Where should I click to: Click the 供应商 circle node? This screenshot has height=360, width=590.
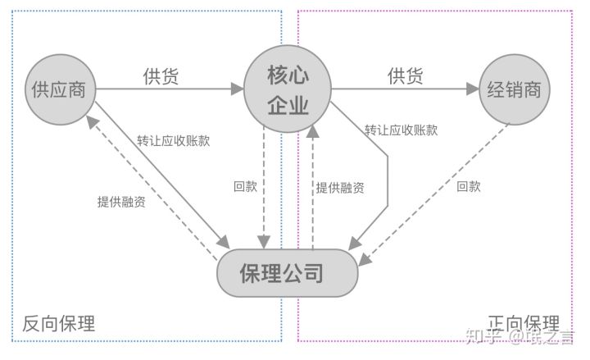click(58, 89)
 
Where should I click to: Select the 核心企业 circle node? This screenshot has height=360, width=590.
click(288, 89)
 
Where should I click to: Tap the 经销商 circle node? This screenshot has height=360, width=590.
click(514, 89)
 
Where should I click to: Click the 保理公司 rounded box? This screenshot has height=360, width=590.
click(288, 273)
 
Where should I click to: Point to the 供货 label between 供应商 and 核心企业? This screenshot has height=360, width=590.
click(161, 76)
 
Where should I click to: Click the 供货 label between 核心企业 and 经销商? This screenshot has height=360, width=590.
click(405, 76)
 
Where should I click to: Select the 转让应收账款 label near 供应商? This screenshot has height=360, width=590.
click(173, 140)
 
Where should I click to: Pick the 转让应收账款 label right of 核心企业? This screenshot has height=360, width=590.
click(401, 130)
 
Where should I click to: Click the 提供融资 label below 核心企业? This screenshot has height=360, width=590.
click(340, 187)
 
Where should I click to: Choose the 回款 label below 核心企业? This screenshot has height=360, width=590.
click(245, 186)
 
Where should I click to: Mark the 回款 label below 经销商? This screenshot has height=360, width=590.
click(468, 186)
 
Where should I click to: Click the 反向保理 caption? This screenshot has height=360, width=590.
click(59, 323)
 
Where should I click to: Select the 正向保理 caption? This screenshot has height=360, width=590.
click(523, 323)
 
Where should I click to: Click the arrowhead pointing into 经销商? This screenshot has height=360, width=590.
click(472, 89)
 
